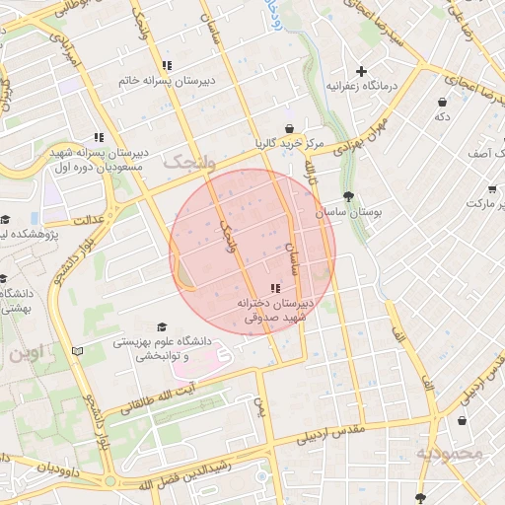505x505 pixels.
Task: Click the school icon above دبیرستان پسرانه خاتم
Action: [166, 65]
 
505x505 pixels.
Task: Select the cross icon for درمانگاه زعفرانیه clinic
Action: [362, 71]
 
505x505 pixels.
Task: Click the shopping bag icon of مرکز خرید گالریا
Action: [288, 128]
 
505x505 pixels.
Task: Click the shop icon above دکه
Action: [442, 102]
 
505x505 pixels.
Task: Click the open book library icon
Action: [78, 350]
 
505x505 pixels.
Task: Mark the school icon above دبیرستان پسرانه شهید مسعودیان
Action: [98, 137]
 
